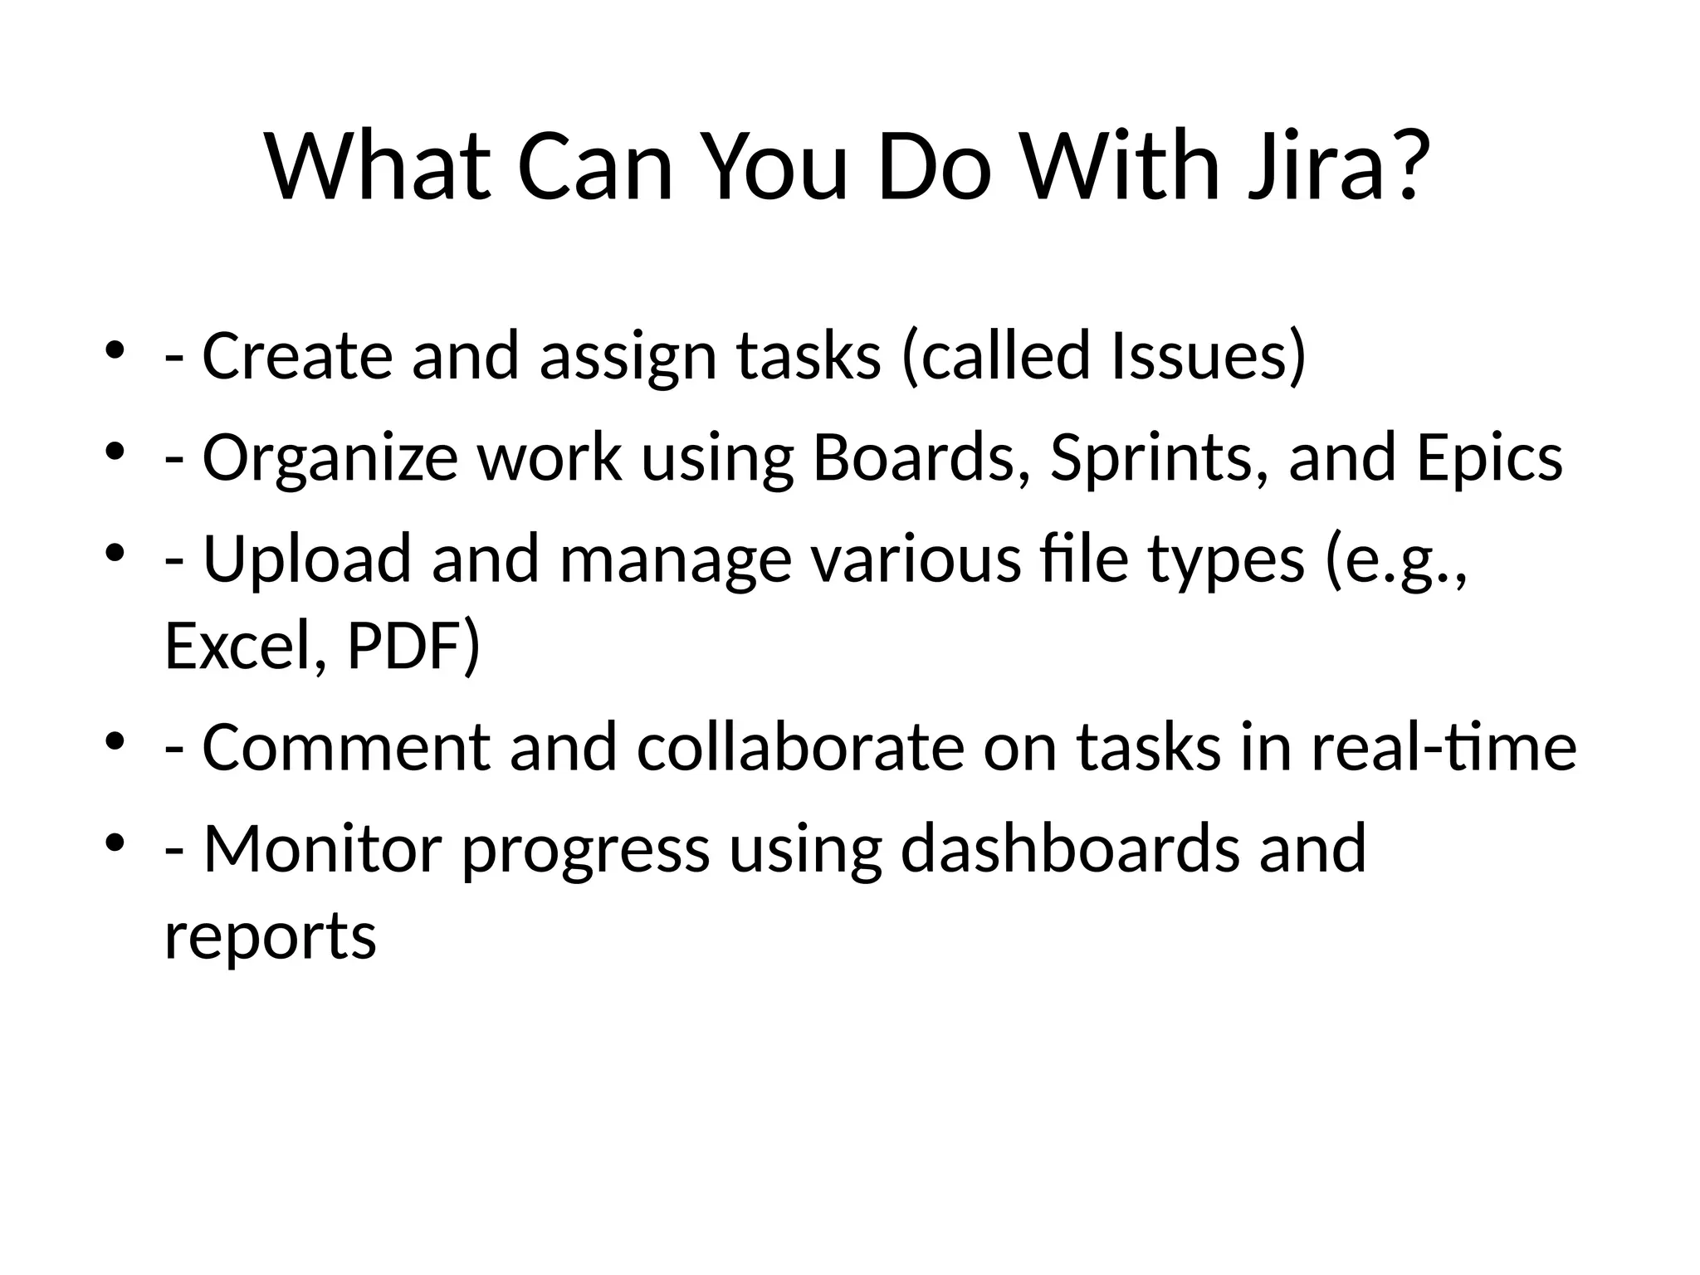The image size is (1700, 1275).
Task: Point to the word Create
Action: (297, 355)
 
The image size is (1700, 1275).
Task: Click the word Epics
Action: (1489, 458)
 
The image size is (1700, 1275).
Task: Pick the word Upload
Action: (307, 559)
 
